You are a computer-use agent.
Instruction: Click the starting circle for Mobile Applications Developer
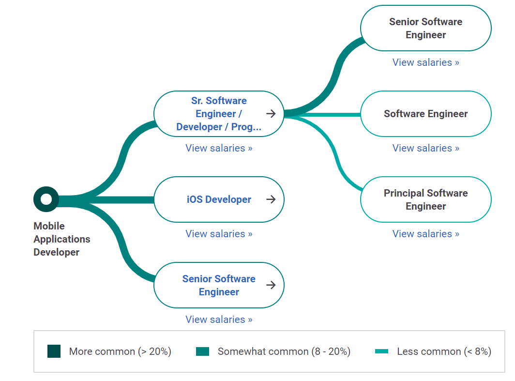pyautogui.click(x=46, y=199)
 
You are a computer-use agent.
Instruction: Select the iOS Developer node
pyautogui.click(x=219, y=199)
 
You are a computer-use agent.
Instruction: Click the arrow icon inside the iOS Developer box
pyautogui.click(x=271, y=199)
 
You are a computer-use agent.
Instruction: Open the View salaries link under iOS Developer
pyautogui.click(x=219, y=234)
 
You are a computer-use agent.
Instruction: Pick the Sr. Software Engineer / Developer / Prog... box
pyautogui.click(x=219, y=114)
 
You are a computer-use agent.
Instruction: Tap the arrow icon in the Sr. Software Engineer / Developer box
pyautogui.click(x=271, y=114)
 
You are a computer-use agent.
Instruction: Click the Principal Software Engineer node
pyautogui.click(x=425, y=199)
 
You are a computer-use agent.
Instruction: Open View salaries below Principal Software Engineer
pyautogui.click(x=425, y=234)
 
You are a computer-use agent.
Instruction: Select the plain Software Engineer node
pyautogui.click(x=425, y=114)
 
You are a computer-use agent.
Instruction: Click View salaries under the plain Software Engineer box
pyautogui.click(x=425, y=148)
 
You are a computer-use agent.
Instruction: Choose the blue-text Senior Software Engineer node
pyautogui.click(x=219, y=285)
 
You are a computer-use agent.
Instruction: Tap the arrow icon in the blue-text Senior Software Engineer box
pyautogui.click(x=271, y=285)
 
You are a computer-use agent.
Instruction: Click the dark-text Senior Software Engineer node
pyautogui.click(x=425, y=28)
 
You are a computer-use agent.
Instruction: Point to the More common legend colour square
pyautogui.click(x=54, y=351)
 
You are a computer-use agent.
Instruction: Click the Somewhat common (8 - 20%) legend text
pyautogui.click(x=284, y=351)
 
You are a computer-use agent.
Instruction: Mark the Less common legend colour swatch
pyautogui.click(x=381, y=351)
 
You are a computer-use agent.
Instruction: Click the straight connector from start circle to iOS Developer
pyautogui.click(x=116, y=199)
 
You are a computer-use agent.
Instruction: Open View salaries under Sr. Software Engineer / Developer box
pyautogui.click(x=219, y=148)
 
